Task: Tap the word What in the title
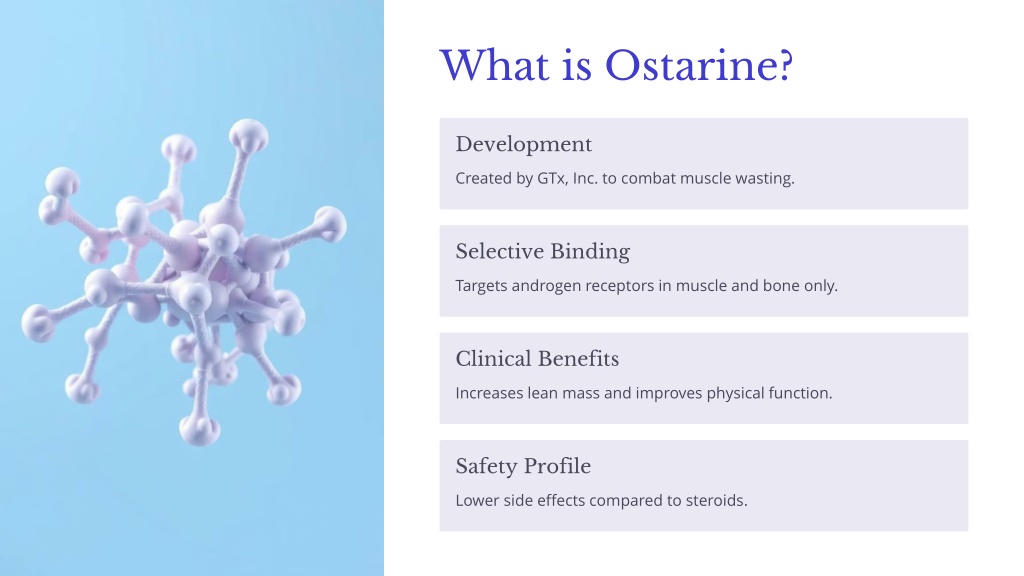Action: pos(494,65)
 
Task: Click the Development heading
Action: pos(524,144)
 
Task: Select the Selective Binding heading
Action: pos(543,251)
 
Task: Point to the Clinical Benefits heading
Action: pos(537,359)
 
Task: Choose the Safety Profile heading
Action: pos(523,466)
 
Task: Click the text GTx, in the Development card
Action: pos(552,178)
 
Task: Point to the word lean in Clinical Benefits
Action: pos(542,393)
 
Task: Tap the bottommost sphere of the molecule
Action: pos(199,430)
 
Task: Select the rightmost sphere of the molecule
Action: pos(330,224)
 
